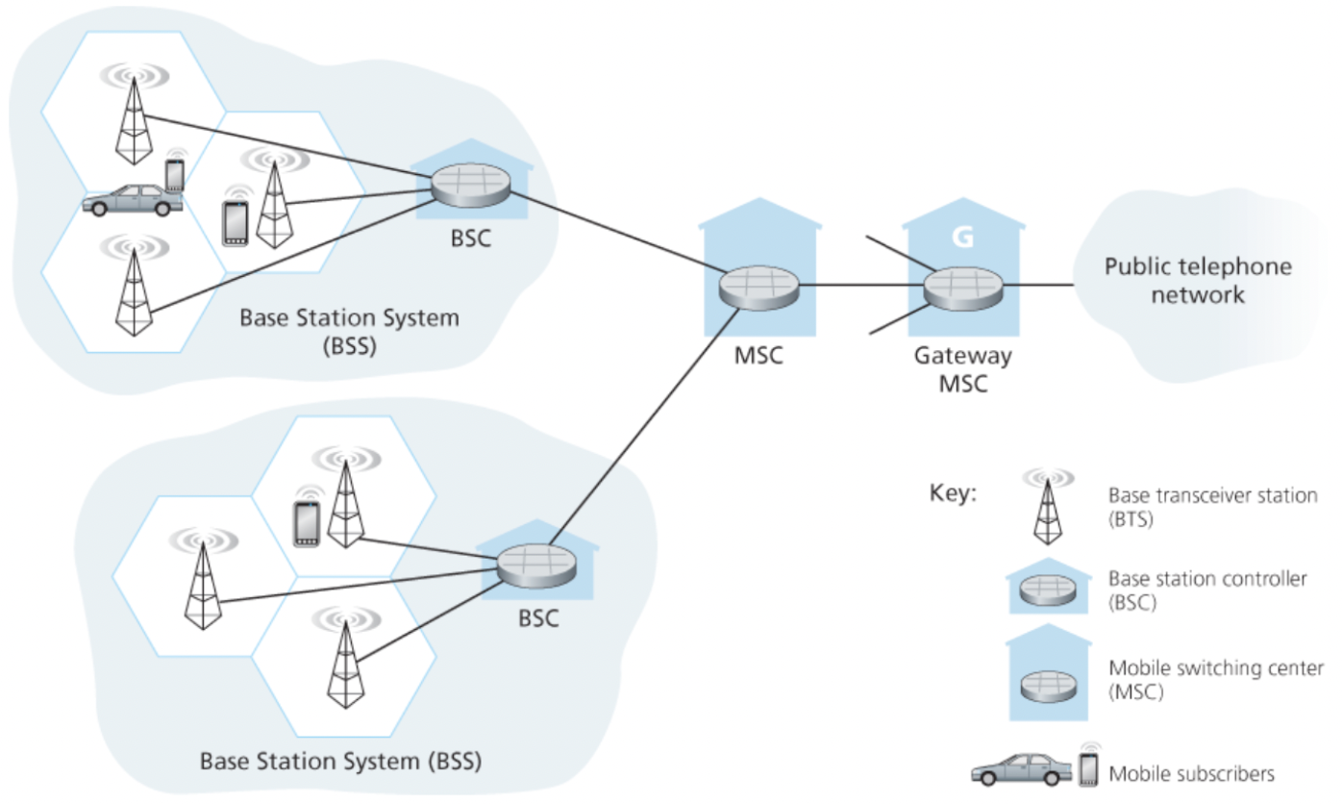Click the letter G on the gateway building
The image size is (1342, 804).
(x=962, y=236)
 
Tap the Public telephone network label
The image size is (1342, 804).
(x=1198, y=280)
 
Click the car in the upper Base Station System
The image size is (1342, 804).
(x=130, y=200)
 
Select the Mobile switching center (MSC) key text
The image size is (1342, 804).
(x=1216, y=679)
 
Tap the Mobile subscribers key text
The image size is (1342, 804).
(x=1192, y=773)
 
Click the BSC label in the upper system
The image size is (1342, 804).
(x=470, y=238)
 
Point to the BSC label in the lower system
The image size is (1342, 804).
(x=538, y=618)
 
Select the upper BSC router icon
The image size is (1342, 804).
(x=470, y=186)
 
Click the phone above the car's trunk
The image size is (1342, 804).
(x=174, y=173)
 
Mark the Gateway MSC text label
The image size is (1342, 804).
(x=962, y=369)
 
